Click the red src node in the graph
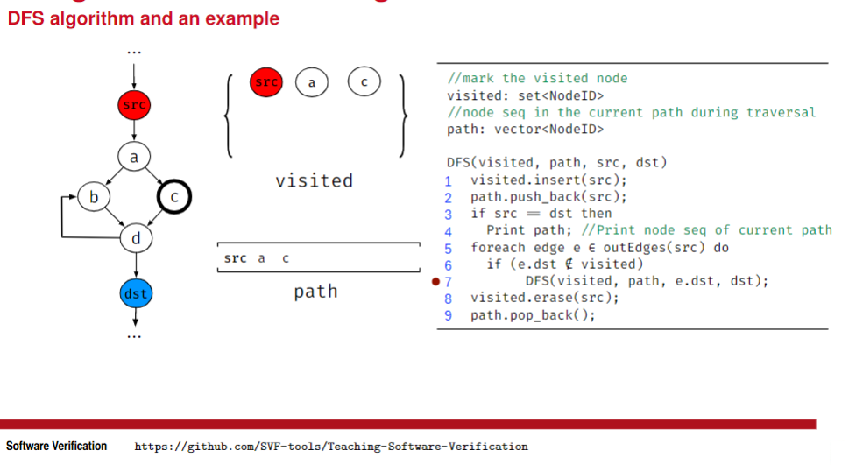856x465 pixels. (x=134, y=106)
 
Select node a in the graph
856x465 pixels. (x=134, y=157)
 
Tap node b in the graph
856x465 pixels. (x=93, y=197)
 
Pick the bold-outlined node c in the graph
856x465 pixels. (x=174, y=198)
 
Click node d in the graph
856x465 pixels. (x=135, y=237)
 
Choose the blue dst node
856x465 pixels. (x=135, y=293)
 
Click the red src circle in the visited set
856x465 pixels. (x=265, y=82)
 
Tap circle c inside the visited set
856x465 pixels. (x=364, y=82)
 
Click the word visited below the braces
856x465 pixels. (x=314, y=181)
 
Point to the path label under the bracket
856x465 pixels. (x=315, y=291)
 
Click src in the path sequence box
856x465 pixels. (x=235, y=258)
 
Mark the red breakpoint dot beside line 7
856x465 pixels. (x=435, y=282)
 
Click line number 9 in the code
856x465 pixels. (x=448, y=315)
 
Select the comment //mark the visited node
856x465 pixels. (x=537, y=78)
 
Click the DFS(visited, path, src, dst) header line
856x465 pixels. (x=557, y=162)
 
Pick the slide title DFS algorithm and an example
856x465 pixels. (x=144, y=18)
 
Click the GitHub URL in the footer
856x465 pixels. (x=330, y=447)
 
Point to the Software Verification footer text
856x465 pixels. (x=56, y=447)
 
